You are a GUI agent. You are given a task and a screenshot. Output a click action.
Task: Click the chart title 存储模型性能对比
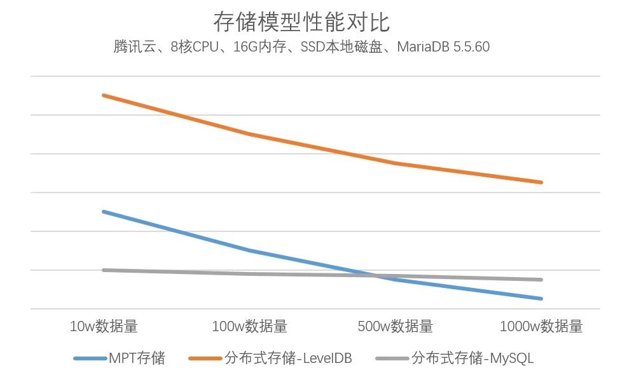pos(301,22)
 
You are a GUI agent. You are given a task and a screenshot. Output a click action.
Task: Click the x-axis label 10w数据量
pos(104,327)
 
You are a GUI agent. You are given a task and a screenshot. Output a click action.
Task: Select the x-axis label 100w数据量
pos(249,327)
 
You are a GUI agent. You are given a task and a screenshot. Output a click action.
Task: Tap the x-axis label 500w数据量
pos(396,327)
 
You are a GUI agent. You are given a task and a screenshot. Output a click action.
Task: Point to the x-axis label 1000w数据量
pos(541,327)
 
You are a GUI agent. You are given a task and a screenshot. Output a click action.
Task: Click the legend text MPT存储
pos(137,358)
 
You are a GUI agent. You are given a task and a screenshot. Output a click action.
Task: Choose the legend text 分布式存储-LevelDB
pos(288,358)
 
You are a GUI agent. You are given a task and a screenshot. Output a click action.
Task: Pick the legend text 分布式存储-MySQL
pos(472,358)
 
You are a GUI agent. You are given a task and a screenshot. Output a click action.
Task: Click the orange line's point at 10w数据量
pos(104,95)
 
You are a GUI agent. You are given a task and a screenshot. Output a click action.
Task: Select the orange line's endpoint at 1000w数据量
pos(541,182)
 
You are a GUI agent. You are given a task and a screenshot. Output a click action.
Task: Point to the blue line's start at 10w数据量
pos(104,211)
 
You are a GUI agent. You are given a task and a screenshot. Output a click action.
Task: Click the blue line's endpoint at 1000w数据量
pos(541,298)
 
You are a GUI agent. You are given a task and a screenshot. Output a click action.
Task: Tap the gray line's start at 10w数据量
pos(104,270)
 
